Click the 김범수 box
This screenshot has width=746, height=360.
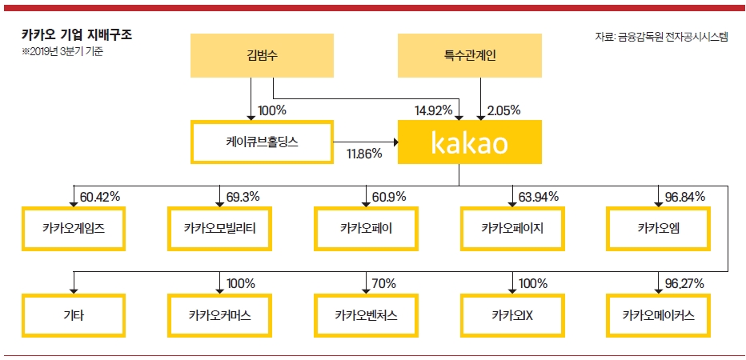coord(262,55)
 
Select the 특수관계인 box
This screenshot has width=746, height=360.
coord(470,55)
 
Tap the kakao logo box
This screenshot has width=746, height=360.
coord(470,142)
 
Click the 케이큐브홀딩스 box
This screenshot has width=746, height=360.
coord(262,142)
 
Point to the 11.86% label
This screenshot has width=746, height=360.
coord(364,153)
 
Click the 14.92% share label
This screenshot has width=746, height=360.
coord(433,110)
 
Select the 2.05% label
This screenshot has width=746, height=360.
coord(503,110)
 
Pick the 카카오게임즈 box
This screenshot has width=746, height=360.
coord(74,228)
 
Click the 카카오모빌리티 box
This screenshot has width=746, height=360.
coord(220,228)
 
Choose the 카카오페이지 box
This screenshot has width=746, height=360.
coord(512,228)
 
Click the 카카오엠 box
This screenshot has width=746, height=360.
coord(659,228)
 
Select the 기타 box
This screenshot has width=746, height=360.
coord(74,316)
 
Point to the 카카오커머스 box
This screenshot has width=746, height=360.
coord(220,316)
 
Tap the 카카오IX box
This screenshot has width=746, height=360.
coord(512,316)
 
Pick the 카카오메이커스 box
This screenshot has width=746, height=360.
coord(659,316)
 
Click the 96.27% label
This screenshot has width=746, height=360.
coord(684,284)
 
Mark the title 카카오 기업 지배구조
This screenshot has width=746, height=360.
coord(77,34)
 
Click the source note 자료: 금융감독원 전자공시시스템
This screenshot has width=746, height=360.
coord(661,37)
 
